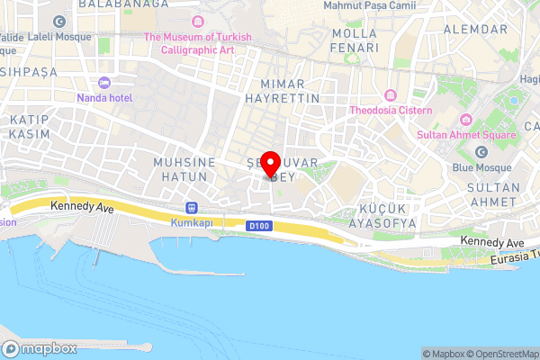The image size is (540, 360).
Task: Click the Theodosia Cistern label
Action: click(x=391, y=112)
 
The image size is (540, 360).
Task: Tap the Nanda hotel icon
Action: click(x=104, y=83)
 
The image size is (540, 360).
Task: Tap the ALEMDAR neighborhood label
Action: click(x=476, y=30)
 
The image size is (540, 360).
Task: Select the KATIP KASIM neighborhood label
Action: click(x=29, y=126)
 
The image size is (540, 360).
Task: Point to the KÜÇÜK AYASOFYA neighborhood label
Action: click(x=381, y=215)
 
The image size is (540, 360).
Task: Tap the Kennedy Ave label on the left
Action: click(x=82, y=206)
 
